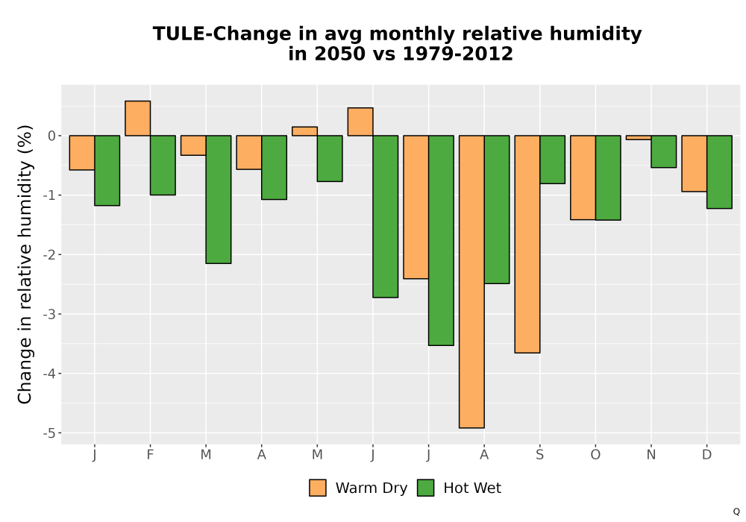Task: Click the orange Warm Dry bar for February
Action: [x=137, y=119]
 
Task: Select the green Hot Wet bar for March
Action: [x=219, y=199]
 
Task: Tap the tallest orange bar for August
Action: [x=471, y=281]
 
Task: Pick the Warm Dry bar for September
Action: [x=527, y=244]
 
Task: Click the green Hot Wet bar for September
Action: [x=552, y=160]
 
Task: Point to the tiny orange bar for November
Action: [x=639, y=137]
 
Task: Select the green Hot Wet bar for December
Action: [x=719, y=172]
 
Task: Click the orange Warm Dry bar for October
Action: [x=583, y=177]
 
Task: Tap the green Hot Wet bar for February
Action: [x=163, y=165]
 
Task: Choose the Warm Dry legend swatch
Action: [x=318, y=488]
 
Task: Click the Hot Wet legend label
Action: [x=472, y=488]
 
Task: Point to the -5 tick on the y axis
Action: [x=49, y=433]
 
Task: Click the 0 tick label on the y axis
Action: [x=52, y=136]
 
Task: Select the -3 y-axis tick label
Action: [x=49, y=314]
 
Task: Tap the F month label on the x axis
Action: [x=151, y=455]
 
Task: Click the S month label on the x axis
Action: [x=539, y=455]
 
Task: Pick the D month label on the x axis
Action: [x=706, y=455]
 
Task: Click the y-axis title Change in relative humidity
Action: [x=25, y=264]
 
